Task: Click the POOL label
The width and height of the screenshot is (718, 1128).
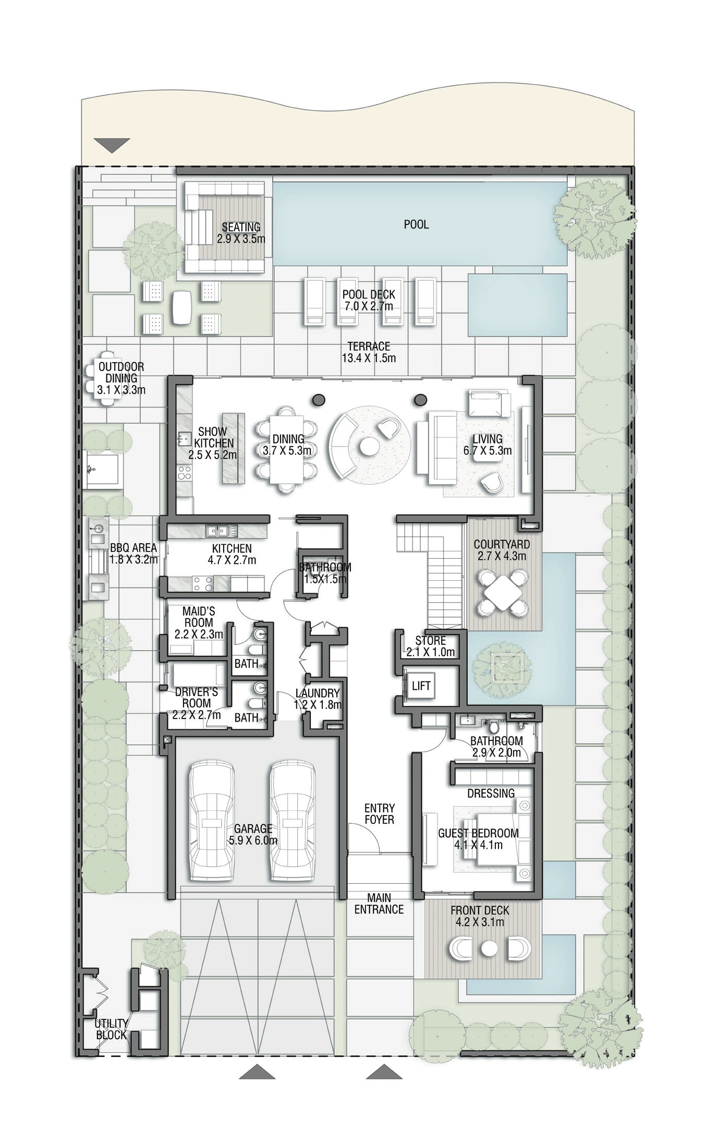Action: pyautogui.click(x=417, y=224)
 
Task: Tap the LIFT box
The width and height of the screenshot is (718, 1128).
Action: pyautogui.click(x=421, y=685)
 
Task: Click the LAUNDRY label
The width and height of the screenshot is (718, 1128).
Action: pyautogui.click(x=318, y=693)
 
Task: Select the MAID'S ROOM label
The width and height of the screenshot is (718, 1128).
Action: pyautogui.click(x=198, y=616)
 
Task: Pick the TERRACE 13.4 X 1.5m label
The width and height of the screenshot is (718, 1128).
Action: pyautogui.click(x=369, y=352)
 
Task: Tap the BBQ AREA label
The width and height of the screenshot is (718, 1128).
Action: pyautogui.click(x=133, y=554)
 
